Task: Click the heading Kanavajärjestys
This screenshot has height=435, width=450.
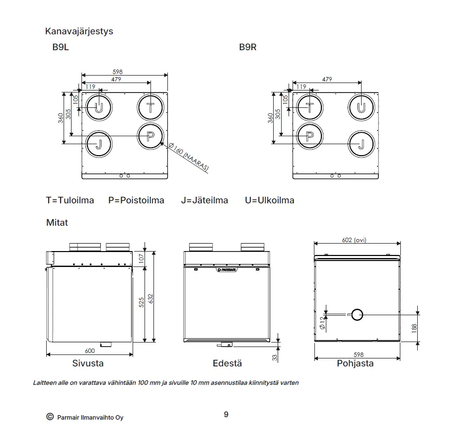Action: [79, 31]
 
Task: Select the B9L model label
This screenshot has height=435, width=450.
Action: [61, 47]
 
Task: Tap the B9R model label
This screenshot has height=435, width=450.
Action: [248, 47]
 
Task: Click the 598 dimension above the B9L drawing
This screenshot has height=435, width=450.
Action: [118, 72]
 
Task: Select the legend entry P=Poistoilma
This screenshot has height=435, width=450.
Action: [136, 200]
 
